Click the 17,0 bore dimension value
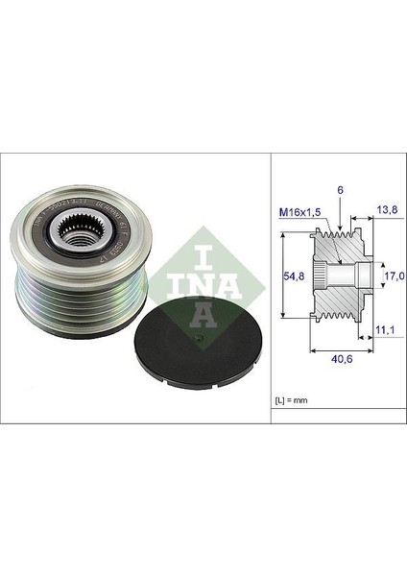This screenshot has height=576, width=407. [x=394, y=276]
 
